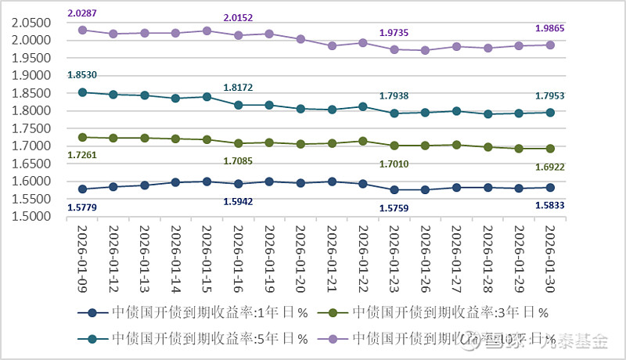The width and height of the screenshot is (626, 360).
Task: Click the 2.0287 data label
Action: click(82, 13)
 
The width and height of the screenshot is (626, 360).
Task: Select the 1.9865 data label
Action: click(549, 28)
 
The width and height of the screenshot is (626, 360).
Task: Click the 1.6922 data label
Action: click(549, 167)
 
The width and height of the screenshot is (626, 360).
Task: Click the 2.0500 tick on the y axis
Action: click(31, 23)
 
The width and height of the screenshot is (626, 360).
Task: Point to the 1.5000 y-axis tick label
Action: click(31, 217)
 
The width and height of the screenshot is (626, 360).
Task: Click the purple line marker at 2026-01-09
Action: click(82, 30)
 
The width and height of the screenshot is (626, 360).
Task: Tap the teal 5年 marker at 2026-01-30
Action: click(549, 113)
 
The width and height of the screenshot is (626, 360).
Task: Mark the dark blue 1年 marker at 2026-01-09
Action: click(82, 189)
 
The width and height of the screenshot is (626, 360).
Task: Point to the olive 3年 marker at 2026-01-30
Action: click(549, 148)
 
